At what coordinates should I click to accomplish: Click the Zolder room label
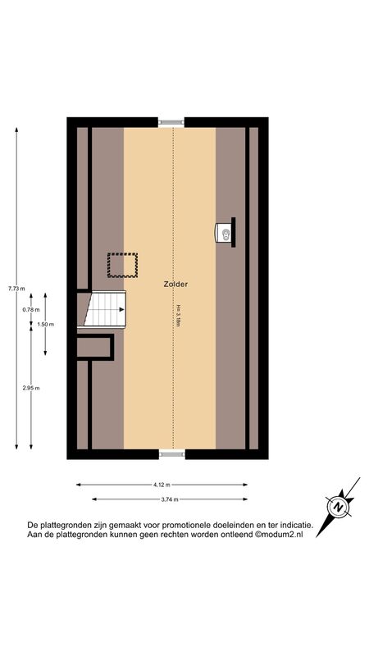(x=175, y=284)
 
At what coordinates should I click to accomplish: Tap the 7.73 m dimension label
(x=16, y=288)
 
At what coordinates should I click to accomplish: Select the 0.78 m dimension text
(x=31, y=310)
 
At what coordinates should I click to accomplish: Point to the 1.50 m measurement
(x=46, y=324)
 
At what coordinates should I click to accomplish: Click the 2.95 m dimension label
(x=31, y=388)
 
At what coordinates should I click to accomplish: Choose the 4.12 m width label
(x=162, y=485)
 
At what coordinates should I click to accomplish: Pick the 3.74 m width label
(x=170, y=499)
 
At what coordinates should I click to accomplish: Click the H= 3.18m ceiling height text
(x=178, y=316)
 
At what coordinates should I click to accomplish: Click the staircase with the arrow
(x=105, y=309)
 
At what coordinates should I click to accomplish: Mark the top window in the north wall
(x=171, y=122)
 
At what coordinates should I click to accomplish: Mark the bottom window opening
(x=172, y=454)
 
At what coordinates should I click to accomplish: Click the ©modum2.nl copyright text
(x=279, y=535)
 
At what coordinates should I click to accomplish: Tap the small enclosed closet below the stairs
(x=95, y=347)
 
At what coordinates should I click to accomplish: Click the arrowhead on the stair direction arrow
(x=121, y=310)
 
